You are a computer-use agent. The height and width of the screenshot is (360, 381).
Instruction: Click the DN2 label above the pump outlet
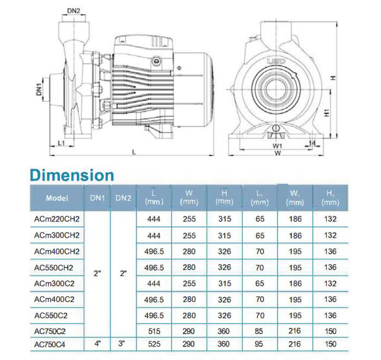tap(73, 11)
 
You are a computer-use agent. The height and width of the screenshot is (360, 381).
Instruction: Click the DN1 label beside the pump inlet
tap(39, 89)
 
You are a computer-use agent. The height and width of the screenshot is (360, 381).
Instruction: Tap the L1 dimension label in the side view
tap(61, 143)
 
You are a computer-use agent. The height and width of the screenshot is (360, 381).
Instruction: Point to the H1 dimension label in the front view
tap(327, 113)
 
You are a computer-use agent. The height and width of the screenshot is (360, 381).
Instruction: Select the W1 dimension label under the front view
tap(277, 146)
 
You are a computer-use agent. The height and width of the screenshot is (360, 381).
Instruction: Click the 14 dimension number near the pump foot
tap(312, 143)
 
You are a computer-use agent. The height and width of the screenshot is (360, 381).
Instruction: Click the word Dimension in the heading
tap(72, 175)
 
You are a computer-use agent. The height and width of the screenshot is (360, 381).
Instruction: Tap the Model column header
tap(57, 198)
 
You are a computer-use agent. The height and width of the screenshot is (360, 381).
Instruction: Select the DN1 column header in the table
tap(97, 198)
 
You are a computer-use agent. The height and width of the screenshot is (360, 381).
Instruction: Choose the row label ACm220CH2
tap(57, 219)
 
